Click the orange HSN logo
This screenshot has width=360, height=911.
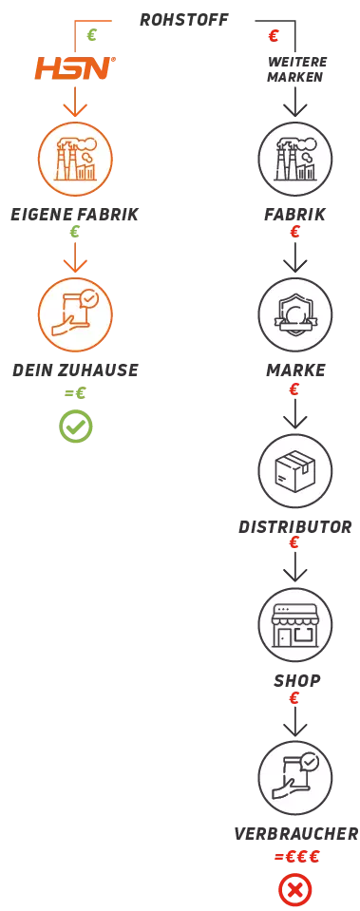click(75, 68)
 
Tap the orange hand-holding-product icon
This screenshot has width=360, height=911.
click(75, 313)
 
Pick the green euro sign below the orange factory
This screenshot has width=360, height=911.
click(75, 232)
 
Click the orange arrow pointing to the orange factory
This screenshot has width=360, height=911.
click(75, 106)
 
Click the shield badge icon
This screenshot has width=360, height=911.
click(295, 313)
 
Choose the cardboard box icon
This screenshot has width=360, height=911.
click(295, 470)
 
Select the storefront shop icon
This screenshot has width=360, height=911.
click(295, 625)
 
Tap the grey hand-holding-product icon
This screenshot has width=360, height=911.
click(295, 777)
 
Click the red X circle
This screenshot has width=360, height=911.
click(295, 889)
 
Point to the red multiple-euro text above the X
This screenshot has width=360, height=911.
click(295, 857)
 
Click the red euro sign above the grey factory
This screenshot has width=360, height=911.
click(274, 35)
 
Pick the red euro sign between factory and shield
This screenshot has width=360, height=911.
click(295, 231)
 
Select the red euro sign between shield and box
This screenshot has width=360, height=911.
click(295, 388)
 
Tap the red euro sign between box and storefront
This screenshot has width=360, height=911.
click(295, 543)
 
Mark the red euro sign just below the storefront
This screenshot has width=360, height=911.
click(295, 698)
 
